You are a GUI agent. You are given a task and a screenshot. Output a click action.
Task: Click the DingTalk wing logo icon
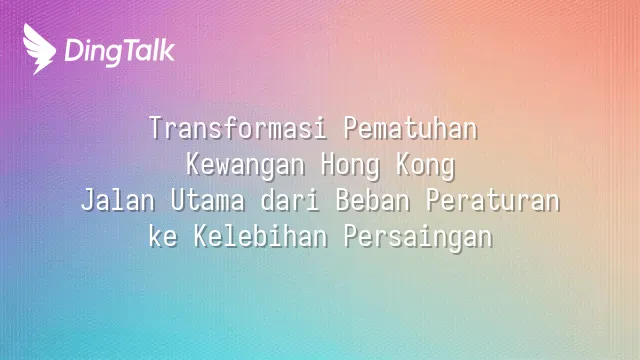pos(39,49)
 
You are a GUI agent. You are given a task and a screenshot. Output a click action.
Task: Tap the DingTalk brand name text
pos(120,52)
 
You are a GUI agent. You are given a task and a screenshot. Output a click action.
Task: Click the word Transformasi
pos(238,128)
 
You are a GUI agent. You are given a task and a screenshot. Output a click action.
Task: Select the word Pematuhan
pos(411,128)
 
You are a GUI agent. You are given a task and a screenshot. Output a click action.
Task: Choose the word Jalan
pos(118,200)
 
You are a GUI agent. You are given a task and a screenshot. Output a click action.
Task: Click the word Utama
pos(208,200)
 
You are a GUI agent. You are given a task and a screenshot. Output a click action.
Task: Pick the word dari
pos(290,200)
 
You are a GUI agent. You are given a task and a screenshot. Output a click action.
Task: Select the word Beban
pos(373,200)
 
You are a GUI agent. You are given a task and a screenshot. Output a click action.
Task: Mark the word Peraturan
pos(493,200)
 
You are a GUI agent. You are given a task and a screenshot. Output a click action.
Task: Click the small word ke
pos(163,236)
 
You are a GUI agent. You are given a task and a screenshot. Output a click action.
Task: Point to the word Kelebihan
pos(260,236)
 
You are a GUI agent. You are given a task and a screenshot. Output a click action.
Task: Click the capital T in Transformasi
pos(156,128)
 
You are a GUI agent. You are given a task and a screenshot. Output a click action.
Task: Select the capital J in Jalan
pos(88,200)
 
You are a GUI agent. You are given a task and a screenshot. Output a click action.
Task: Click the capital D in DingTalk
pos(73,50)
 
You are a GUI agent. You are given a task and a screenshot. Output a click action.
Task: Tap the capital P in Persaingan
pos(351,236)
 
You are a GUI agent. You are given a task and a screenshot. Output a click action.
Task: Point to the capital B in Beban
pos(343,200)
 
